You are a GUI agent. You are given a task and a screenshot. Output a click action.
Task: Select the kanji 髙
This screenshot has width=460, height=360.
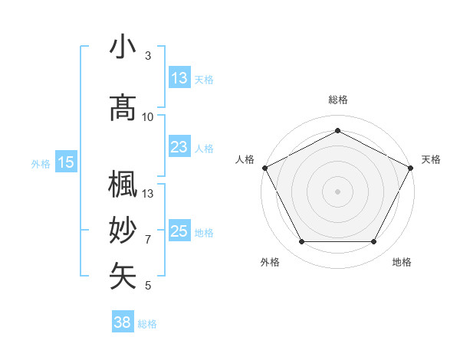pos(123,108)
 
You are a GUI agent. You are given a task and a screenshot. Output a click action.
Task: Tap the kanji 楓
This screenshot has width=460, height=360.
pos(123,185)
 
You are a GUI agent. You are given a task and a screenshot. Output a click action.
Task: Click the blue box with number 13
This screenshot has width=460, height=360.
pos(179,78)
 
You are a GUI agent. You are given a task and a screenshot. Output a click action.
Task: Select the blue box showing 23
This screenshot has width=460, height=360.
pos(179,147)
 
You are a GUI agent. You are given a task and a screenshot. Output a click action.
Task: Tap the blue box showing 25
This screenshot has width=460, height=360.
pos(179,231)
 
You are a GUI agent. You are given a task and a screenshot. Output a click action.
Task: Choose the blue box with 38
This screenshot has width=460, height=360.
pos(123,322)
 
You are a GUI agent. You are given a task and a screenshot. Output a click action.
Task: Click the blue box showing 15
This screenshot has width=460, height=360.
pos(66,162)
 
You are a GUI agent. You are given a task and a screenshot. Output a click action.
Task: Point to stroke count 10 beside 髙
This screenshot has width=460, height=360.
pos(148,117)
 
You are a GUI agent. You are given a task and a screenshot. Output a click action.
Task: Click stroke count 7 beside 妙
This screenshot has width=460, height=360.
pos(148,240)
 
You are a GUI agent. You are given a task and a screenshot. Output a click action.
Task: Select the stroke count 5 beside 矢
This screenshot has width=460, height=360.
pos(148,286)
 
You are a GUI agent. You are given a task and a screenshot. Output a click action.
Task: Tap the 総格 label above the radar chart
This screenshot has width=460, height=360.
pos(338,100)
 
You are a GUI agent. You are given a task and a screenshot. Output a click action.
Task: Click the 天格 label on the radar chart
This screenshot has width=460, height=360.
pos(431,159)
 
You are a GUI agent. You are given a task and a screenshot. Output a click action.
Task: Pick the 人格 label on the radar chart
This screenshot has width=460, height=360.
pos(245,159)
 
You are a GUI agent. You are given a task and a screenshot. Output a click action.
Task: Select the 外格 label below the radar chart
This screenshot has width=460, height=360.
pos(270,262)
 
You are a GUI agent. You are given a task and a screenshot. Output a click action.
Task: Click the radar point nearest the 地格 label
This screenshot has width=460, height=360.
pos(373,242)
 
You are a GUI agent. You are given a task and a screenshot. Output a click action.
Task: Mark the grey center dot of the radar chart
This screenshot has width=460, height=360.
pos(337,191)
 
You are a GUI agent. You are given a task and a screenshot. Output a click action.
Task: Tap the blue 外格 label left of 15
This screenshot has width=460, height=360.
pos(41,162)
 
